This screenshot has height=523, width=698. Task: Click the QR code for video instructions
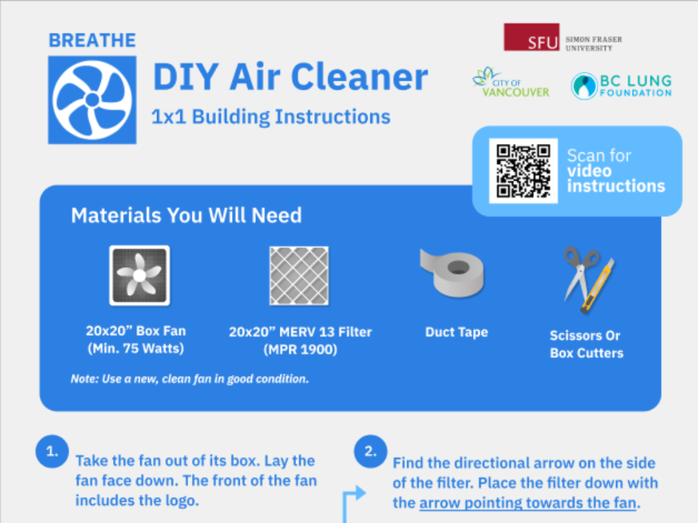pos(523,170)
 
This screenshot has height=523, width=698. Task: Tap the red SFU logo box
pos(531,37)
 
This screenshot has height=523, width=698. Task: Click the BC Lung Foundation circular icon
pos(584,86)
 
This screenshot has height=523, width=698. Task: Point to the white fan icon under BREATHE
pos(92,99)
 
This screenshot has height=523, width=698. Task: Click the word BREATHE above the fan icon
pos(92,40)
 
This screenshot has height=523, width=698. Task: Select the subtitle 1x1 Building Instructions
pos(271,117)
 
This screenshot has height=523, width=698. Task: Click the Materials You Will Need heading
pos(186,215)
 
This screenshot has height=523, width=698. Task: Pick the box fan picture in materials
pos(139,276)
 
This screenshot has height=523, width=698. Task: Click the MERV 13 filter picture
pos(299,276)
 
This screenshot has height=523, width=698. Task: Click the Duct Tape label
pos(456,332)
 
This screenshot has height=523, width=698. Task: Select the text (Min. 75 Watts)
pos(136,349)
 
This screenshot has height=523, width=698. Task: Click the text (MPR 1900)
pos(300,350)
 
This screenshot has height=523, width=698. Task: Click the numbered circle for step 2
pos(370,451)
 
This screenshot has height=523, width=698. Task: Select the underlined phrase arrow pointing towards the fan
pos(528,502)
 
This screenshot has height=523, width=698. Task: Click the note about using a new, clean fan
pos(190,379)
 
